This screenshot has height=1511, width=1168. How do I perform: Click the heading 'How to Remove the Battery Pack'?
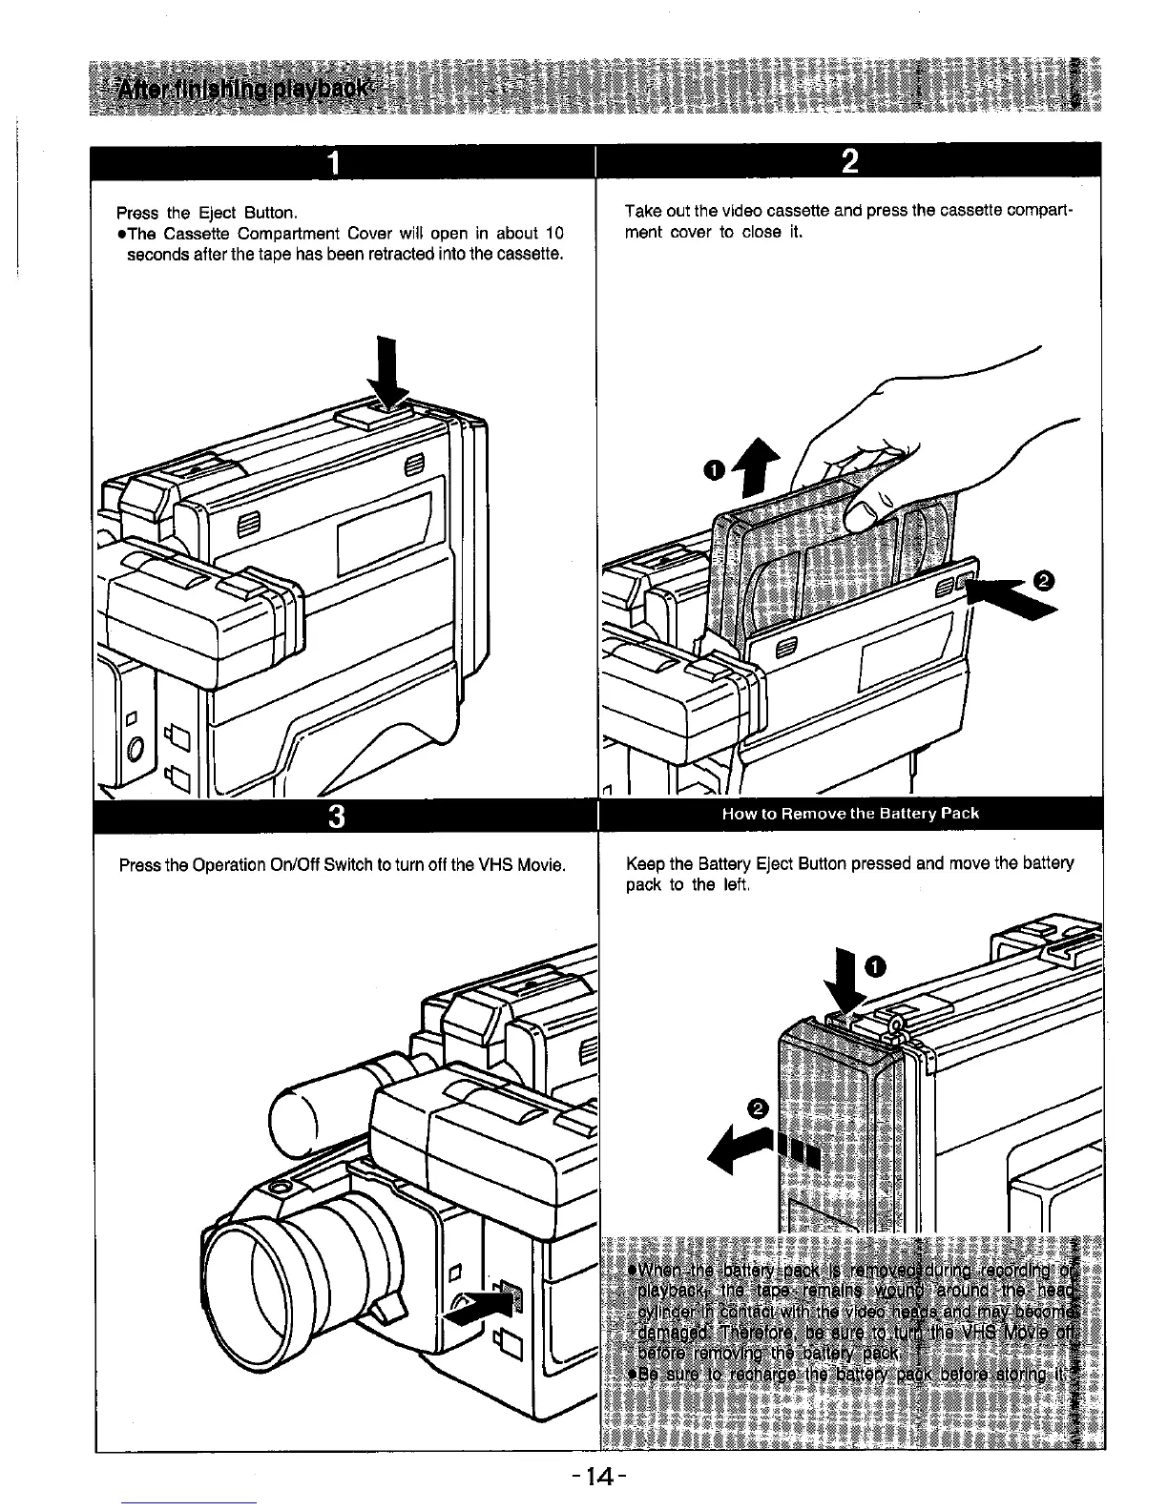tap(850, 814)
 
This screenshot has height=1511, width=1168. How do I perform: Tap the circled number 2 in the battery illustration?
tap(758, 1108)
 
